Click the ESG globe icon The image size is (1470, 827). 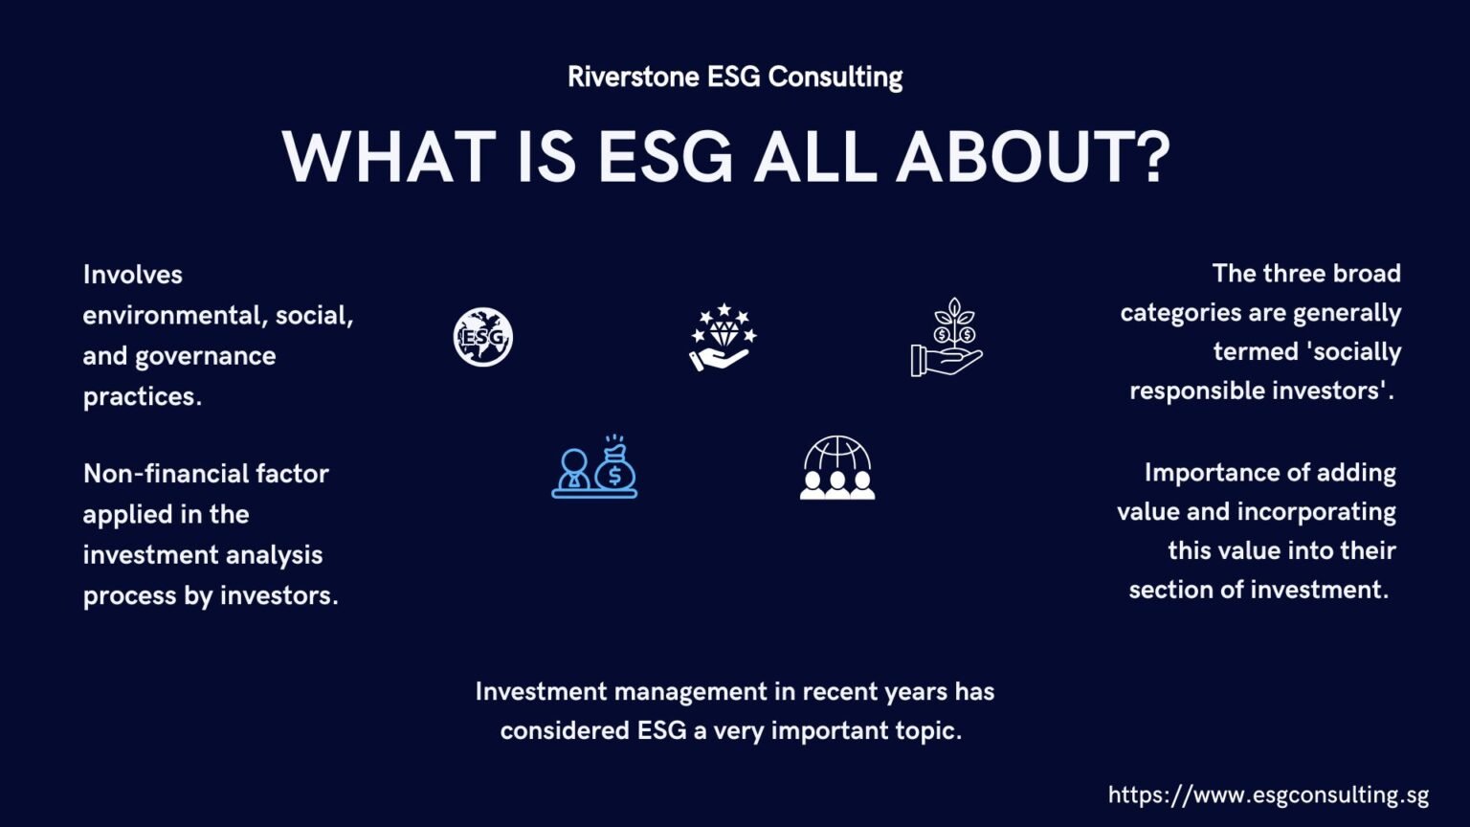(x=483, y=337)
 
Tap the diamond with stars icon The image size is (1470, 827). (x=724, y=337)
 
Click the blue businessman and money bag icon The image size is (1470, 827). (x=594, y=467)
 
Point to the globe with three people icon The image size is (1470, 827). (x=837, y=467)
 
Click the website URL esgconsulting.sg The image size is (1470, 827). (x=1268, y=794)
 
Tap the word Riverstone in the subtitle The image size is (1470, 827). (x=633, y=77)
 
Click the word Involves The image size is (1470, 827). (x=132, y=275)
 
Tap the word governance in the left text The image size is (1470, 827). (x=205, y=356)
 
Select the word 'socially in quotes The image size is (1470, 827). (x=1353, y=351)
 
